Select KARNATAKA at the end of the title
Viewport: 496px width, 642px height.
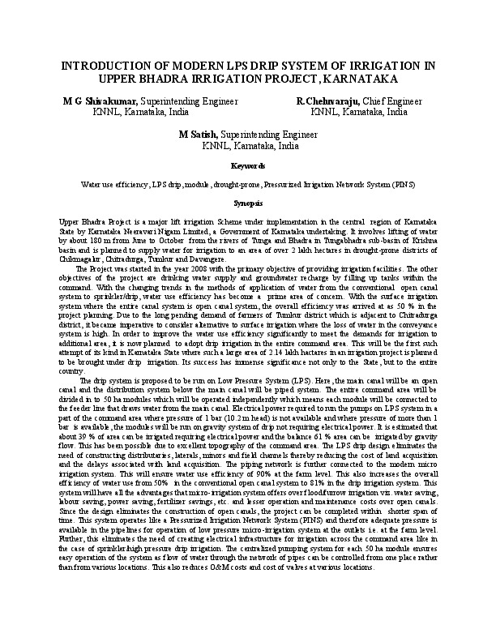(357, 79)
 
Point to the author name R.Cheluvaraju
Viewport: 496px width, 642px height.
(327, 101)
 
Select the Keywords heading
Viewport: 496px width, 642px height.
(247, 165)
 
